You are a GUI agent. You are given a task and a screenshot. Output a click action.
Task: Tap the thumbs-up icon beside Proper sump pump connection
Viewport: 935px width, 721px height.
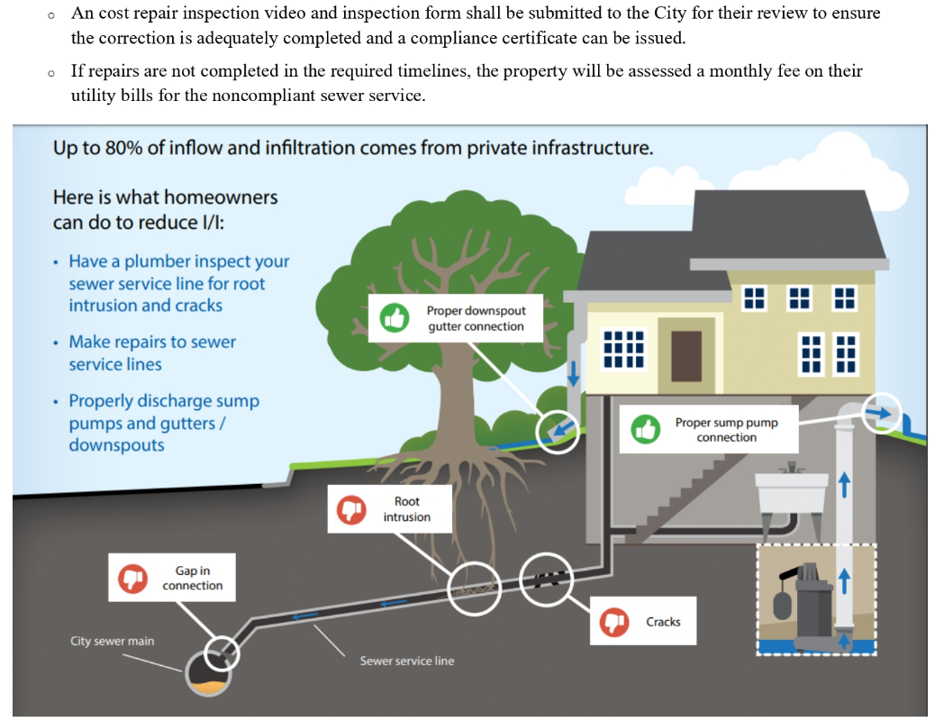645,429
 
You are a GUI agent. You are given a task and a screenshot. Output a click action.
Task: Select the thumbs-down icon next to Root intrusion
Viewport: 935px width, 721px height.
350,509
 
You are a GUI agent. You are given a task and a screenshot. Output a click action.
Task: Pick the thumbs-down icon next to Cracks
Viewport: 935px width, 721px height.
614,622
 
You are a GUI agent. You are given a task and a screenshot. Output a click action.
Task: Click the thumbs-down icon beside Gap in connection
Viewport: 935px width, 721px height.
132,578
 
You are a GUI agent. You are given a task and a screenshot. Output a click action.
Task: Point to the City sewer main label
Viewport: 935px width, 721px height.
112,642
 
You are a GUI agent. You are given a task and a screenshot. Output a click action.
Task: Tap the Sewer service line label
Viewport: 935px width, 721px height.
406,662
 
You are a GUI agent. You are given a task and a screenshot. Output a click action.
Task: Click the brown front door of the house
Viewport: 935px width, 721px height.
685,356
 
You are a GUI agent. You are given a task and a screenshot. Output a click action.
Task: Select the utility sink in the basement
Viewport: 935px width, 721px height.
791,491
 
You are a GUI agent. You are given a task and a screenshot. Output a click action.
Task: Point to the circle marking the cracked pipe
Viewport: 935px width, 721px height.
545,578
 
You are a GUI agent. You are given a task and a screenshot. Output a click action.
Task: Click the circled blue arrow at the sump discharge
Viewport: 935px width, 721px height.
884,413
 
